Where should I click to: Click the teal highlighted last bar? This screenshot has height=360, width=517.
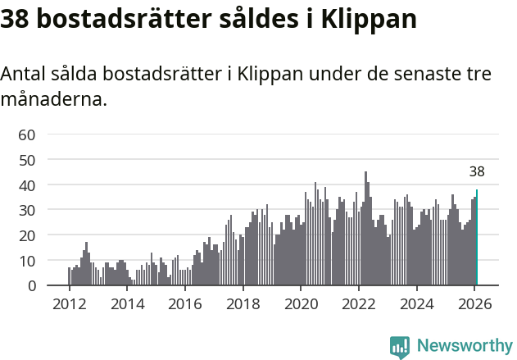coord(477,238)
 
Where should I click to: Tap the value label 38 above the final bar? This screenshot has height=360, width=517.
coord(477,172)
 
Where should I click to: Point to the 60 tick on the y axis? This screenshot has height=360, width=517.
coord(27,134)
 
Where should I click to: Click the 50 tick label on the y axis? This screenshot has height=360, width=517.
coord(27,160)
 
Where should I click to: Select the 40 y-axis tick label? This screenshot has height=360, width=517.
coord(27,185)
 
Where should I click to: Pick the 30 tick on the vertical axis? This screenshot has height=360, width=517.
coord(27,210)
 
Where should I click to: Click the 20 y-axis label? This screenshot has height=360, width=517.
coord(27,235)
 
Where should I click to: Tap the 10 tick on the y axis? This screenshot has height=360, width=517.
coord(27,261)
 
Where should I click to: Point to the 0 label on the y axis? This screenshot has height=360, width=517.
coord(32,286)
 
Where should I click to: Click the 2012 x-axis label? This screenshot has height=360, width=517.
coord(69,303)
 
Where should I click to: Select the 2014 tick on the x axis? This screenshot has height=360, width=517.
coord(126,303)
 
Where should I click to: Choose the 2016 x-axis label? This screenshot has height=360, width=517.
coord(184,303)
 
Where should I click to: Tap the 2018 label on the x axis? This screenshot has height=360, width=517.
coord(243,303)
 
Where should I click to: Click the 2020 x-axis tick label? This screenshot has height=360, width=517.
coord(300,303)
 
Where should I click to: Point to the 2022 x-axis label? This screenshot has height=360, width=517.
coord(358,303)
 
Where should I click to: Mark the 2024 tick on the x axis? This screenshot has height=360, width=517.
coord(416,303)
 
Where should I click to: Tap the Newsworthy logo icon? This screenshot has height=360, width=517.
coord(400,347)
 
